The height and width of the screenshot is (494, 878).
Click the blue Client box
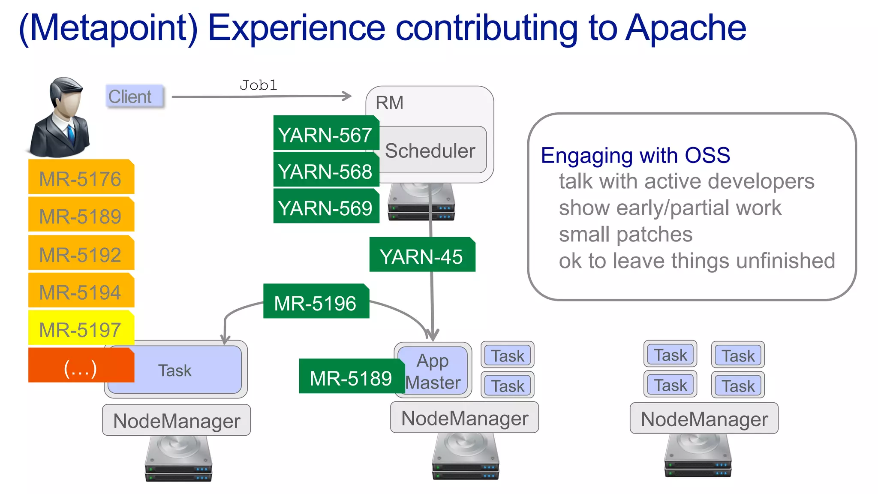pyautogui.click(x=134, y=96)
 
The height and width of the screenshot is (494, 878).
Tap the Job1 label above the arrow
pyautogui.click(x=258, y=85)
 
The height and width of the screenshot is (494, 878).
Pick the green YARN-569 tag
pyautogui.click(x=325, y=208)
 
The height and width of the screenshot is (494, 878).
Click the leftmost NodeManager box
pyautogui.click(x=176, y=420)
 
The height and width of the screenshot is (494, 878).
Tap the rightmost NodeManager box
pyautogui.click(x=704, y=419)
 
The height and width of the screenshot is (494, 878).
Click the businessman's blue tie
pyautogui.click(x=71, y=133)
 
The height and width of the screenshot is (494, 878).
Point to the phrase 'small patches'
pyautogui.click(x=625, y=235)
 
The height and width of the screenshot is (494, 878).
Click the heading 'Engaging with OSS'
pyautogui.click(x=635, y=155)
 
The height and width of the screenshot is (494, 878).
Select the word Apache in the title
pyautogui.click(x=686, y=28)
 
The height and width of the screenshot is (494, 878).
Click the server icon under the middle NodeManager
pyautogui.click(x=465, y=456)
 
